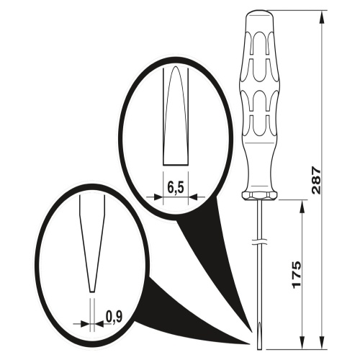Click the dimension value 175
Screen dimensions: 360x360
click(297, 274)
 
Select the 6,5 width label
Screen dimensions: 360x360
click(176, 188)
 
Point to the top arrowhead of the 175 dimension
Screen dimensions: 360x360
click(302, 206)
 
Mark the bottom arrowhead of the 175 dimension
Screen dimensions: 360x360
click(302, 343)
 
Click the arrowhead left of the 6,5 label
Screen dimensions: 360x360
click(158, 197)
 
